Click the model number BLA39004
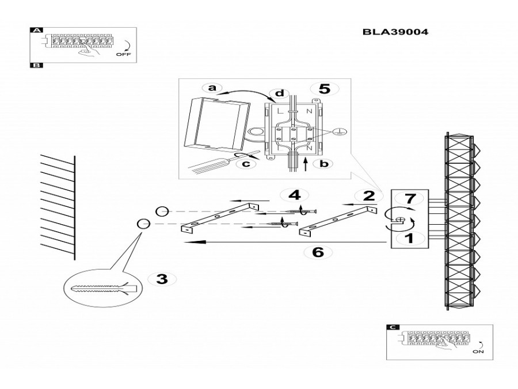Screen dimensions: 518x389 coord(395,32)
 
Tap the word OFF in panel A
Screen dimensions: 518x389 coord(124,54)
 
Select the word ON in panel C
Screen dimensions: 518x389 coord(478,352)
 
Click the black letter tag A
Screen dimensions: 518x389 coord(36,30)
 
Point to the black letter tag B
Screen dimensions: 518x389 coord(36,65)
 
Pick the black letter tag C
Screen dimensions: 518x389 coord(393,327)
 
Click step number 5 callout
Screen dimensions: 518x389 coord(324,89)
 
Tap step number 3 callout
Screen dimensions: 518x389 coord(162,279)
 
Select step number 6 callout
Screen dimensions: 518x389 coord(318,252)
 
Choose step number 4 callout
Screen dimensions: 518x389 coord(294,195)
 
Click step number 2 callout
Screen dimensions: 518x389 coord(369,196)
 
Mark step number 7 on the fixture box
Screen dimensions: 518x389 coord(410,198)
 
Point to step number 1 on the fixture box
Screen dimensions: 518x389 coord(409,238)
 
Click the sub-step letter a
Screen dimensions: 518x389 coord(212,88)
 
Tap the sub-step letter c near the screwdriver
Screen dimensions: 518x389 coord(247,164)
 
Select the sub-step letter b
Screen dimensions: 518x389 coord(325,164)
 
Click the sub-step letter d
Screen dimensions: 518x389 coord(280,93)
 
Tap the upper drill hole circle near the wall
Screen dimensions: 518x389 coord(162,212)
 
